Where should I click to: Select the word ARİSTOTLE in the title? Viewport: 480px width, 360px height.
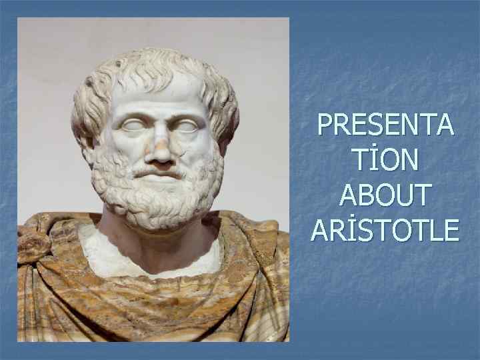point(385,230)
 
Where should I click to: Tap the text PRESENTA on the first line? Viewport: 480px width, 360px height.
point(385,125)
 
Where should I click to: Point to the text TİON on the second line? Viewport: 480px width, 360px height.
point(385,160)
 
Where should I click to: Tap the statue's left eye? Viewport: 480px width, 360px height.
point(185,126)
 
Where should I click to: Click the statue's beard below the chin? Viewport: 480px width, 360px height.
point(159,203)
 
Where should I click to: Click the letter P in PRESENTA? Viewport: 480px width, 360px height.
point(326,125)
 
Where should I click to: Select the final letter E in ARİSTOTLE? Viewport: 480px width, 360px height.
point(451,230)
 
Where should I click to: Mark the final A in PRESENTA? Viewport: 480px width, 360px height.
point(443,125)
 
